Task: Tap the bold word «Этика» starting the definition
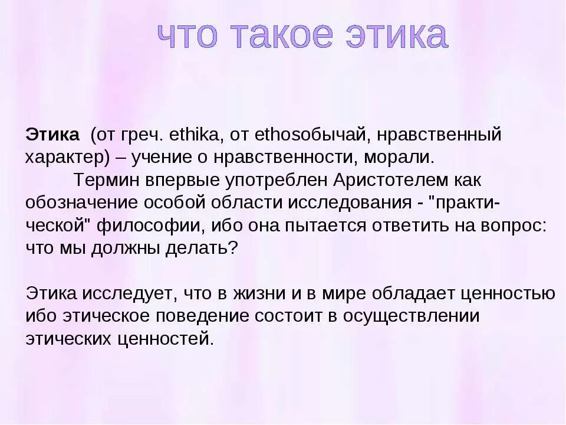click(52, 135)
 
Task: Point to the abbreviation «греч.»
click(141, 135)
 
